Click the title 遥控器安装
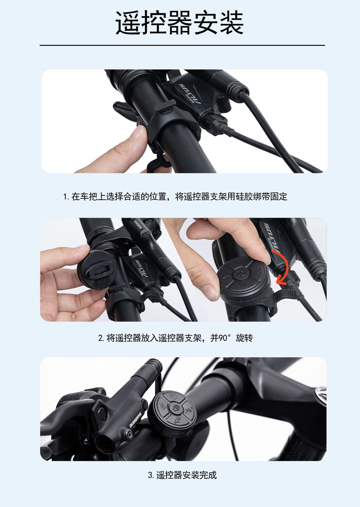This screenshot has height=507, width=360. tap(180, 23)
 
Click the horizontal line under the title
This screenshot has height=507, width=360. tap(182, 45)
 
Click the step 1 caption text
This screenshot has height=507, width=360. tap(175, 196)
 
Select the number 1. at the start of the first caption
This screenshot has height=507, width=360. tap(66, 197)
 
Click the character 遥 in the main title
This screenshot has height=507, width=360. tap(128, 23)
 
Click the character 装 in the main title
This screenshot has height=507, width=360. tap(231, 23)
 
